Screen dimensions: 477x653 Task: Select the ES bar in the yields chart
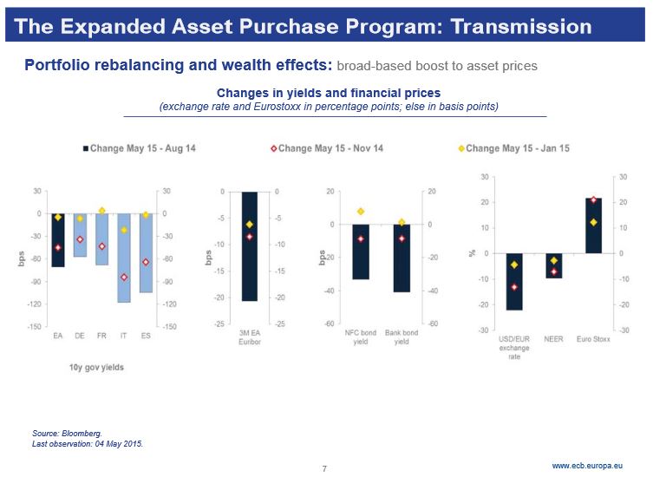(x=146, y=252)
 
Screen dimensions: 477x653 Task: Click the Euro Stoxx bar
(x=593, y=225)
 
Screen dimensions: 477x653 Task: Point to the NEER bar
(x=553, y=265)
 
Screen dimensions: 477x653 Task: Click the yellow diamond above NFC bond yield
(x=360, y=212)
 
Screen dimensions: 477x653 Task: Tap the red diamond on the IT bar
(x=124, y=278)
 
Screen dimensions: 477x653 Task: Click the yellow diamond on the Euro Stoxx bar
(x=593, y=222)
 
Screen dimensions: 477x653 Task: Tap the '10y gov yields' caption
(x=96, y=367)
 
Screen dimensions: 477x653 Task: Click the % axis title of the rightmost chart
(x=473, y=253)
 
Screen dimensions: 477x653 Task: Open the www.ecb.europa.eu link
(x=587, y=466)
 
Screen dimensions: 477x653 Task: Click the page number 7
(x=324, y=469)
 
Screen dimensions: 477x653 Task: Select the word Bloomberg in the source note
(x=82, y=432)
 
